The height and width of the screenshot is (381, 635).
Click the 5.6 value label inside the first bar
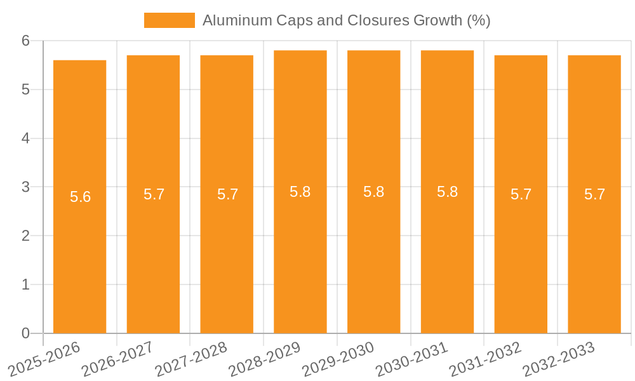(x=80, y=197)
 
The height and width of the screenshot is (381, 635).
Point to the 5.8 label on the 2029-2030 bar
(x=373, y=192)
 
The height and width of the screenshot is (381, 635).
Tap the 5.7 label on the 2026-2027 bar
(x=154, y=194)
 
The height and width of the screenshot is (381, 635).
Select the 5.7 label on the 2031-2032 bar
(x=521, y=194)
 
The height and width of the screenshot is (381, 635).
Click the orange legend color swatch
(x=170, y=20)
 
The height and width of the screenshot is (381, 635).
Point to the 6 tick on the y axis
(x=25, y=41)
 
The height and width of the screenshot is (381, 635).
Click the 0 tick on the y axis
(x=25, y=333)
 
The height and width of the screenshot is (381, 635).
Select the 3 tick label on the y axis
(x=25, y=187)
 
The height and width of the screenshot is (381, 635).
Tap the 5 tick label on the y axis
(x=25, y=90)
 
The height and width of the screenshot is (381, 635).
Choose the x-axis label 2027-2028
(x=191, y=359)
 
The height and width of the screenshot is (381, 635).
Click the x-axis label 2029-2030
(x=338, y=359)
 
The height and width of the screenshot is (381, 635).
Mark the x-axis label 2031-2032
(x=485, y=359)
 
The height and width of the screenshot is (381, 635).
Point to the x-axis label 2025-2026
(x=44, y=359)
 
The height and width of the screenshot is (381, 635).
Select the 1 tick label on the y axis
(x=25, y=284)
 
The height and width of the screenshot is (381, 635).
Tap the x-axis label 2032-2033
(x=559, y=359)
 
